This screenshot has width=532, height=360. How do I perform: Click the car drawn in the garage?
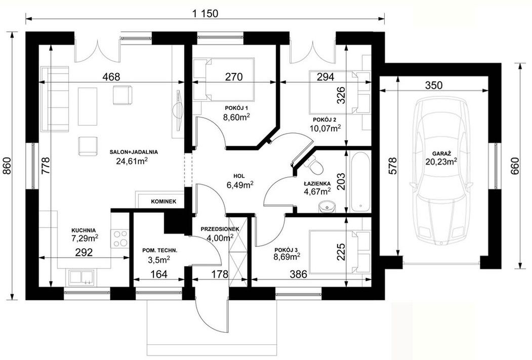(441, 170)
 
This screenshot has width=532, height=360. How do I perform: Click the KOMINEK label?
(163, 202)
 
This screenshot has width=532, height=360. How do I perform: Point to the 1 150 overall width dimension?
(206, 13)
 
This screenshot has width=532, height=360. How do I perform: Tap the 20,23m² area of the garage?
(441, 162)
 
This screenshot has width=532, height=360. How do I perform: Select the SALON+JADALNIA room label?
(134, 152)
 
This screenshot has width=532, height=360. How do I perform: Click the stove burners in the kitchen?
(120, 238)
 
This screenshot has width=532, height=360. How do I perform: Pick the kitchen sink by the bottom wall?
(81, 276)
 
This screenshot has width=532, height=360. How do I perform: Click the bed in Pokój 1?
(224, 79)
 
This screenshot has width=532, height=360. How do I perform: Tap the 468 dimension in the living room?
(111, 77)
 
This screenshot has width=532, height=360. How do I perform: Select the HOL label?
(239, 176)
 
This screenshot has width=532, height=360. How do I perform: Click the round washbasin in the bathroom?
(327, 206)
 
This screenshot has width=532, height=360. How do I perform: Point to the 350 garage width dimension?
(434, 85)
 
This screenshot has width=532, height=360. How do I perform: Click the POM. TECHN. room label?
(160, 251)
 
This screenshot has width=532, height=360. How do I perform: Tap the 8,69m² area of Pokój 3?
(287, 257)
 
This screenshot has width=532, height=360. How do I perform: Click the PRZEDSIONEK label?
(220, 229)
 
